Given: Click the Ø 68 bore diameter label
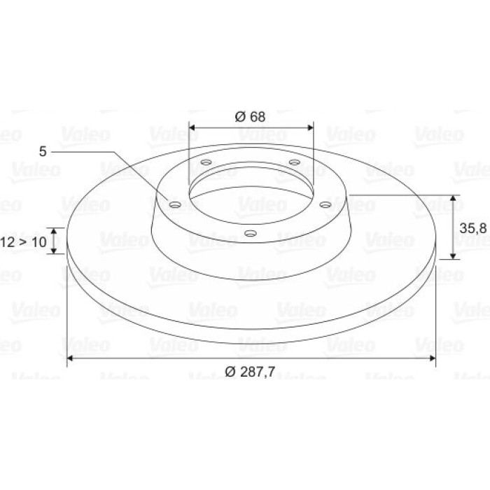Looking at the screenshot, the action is [250, 117].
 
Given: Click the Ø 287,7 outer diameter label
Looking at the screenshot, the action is [250, 372].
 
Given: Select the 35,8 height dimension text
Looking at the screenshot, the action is [472, 228].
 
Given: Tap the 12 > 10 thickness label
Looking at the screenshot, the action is [23, 242].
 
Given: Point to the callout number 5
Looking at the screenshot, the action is [43, 152].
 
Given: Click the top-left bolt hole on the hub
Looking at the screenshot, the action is [206, 162].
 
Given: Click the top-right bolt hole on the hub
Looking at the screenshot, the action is [295, 162].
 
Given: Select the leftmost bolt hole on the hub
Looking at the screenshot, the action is [175, 205].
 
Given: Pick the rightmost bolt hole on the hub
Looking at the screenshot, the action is [325, 205].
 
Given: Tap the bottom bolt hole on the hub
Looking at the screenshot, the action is [251, 233].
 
